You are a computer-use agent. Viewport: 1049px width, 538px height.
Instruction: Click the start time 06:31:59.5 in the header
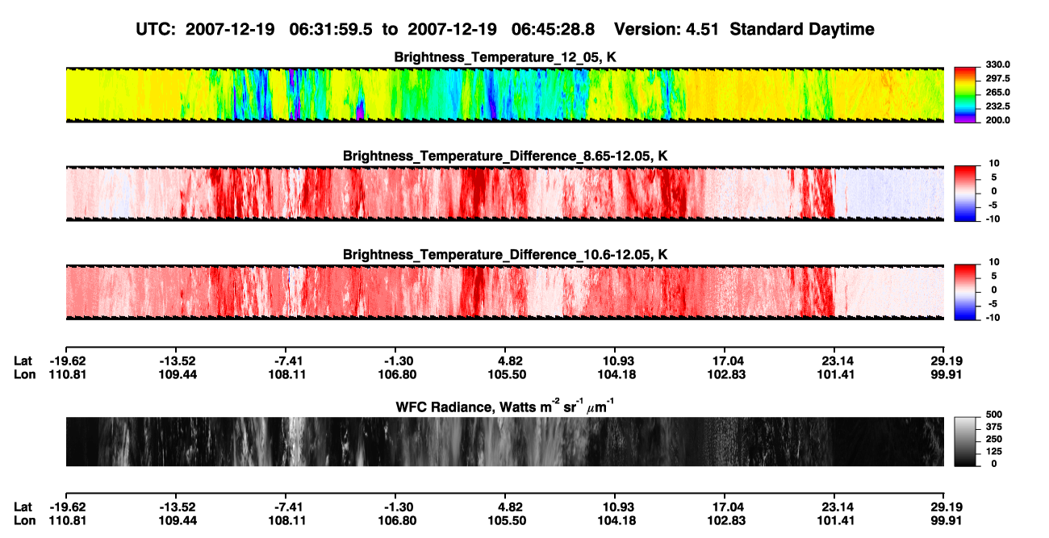(x=331, y=30)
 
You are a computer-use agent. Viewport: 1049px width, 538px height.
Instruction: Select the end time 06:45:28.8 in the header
(x=553, y=30)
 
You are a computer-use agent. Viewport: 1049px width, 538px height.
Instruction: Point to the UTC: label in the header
(x=156, y=30)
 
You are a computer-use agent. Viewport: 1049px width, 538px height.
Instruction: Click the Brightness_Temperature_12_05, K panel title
(x=505, y=57)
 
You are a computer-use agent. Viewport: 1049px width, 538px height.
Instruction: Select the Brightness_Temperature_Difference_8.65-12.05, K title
(x=505, y=156)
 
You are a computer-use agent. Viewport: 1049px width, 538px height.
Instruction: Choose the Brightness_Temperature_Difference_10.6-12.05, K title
(x=505, y=255)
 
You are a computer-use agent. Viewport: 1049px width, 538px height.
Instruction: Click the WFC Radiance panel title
(x=505, y=407)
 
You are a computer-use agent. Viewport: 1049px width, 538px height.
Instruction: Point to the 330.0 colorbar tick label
(x=997, y=65)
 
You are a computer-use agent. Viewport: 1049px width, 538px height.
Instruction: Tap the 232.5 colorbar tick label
(x=997, y=106)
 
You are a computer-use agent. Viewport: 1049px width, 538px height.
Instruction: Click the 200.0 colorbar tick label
(x=997, y=120)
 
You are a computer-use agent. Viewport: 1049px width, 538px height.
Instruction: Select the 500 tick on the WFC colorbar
(x=994, y=415)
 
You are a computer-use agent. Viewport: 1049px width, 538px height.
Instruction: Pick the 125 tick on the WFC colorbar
(x=994, y=452)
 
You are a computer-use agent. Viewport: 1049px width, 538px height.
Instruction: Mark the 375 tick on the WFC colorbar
(x=994, y=427)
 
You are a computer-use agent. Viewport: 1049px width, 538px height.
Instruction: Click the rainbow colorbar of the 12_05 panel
(x=966, y=95)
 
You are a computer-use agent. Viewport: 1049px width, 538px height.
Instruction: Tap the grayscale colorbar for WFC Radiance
(x=966, y=441)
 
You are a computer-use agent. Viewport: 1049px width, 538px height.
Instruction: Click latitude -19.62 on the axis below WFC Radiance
(x=68, y=507)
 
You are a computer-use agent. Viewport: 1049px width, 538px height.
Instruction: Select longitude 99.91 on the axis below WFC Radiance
(x=946, y=521)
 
